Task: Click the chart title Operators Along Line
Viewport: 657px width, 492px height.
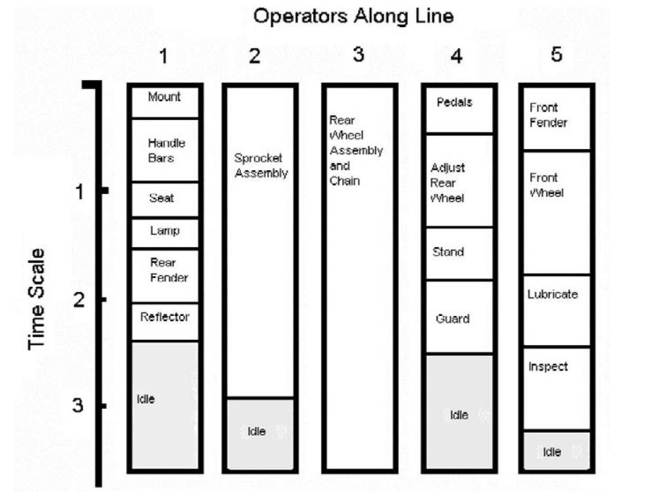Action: coord(353,16)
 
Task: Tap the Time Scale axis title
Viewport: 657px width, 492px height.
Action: coord(37,299)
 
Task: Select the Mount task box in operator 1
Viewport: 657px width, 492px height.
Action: coord(165,101)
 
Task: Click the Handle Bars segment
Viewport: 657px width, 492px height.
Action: coord(165,150)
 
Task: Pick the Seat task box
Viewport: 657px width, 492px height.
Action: coord(165,199)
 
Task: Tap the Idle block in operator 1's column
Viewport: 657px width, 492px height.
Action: coord(165,406)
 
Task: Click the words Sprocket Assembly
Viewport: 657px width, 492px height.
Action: coord(260,165)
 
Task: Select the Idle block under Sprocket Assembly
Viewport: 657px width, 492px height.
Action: coord(260,433)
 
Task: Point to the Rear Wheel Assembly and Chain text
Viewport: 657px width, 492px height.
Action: coord(356,150)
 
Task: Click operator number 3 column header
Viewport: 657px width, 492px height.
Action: coord(359,55)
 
